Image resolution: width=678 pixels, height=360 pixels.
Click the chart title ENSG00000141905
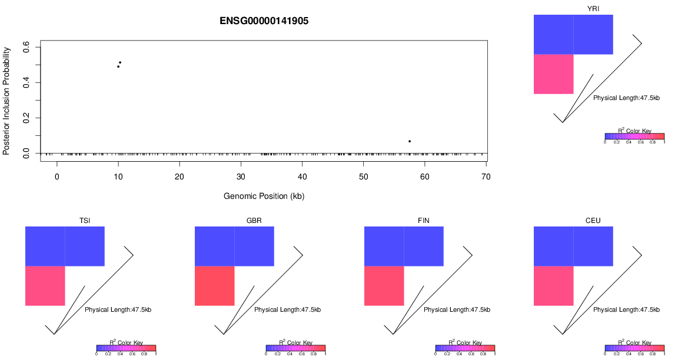pos(264,21)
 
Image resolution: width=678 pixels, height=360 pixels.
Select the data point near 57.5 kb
pos(410,141)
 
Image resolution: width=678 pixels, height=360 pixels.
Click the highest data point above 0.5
pos(120,62)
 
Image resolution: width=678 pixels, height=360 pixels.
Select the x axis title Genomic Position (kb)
pos(264,196)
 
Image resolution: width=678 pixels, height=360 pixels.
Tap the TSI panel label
pos(85,221)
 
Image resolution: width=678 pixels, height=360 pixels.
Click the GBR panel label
pos(254,221)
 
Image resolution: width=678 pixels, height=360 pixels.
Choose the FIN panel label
pos(424,221)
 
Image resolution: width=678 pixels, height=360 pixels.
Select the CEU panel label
pos(593,221)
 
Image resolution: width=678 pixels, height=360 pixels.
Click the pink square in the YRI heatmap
pos(553,74)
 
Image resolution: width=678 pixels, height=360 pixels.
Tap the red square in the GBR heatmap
pos(214,286)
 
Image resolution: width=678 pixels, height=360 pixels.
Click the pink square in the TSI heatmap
pos(45,286)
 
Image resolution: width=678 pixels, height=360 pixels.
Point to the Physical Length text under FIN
pos(451,309)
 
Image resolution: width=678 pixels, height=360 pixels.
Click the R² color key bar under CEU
pos(634,348)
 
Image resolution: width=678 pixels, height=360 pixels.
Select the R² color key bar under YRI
pos(634,136)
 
